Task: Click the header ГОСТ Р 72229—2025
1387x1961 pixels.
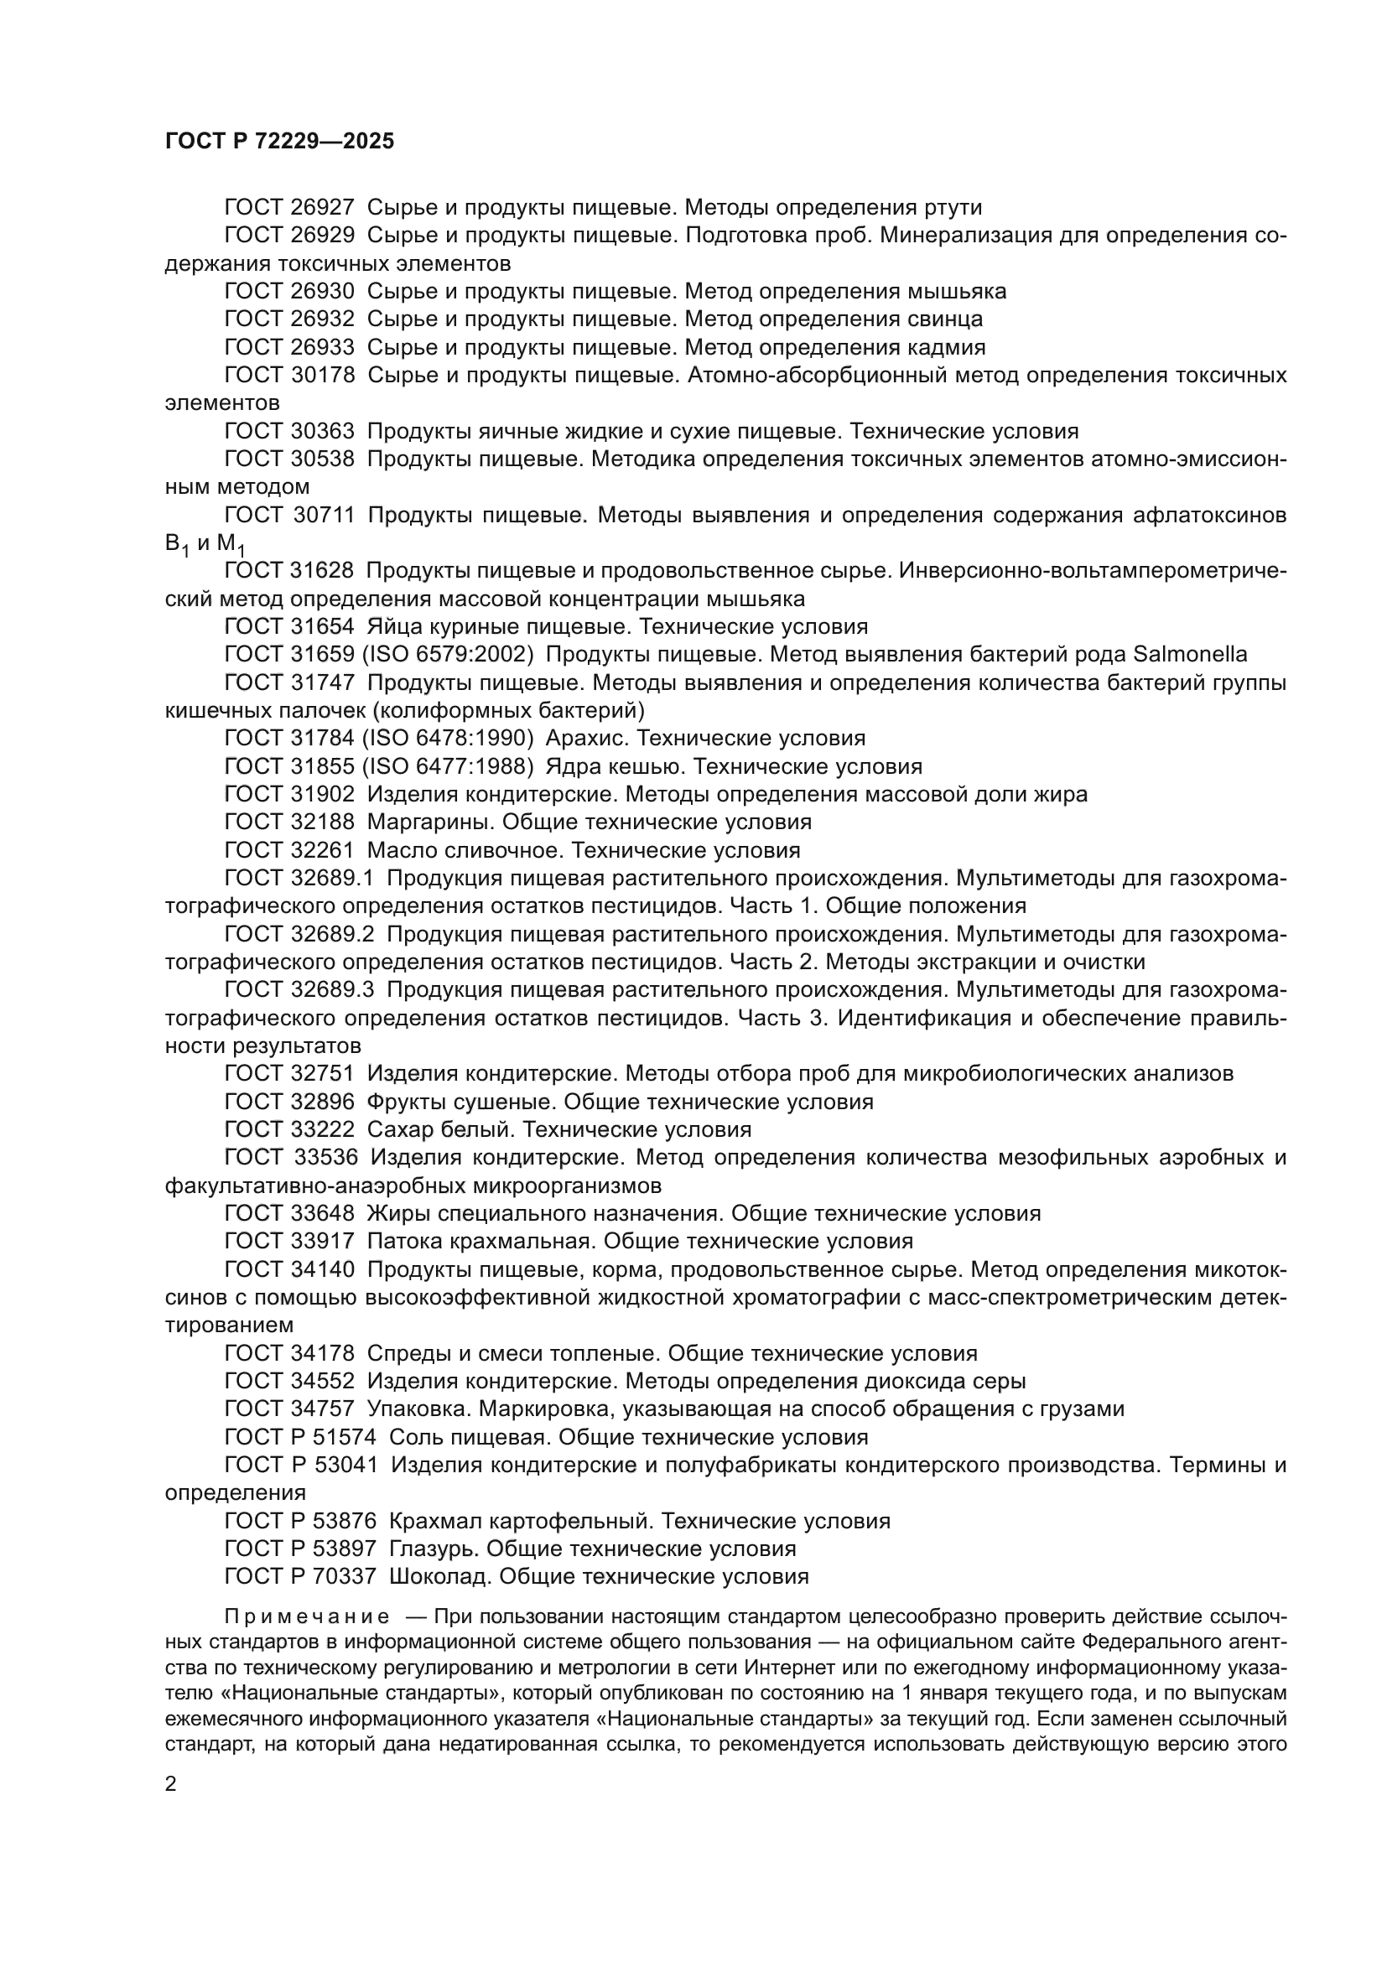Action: tap(279, 142)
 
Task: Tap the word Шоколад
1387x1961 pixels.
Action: tap(440, 1577)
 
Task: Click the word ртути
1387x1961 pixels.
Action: tap(953, 208)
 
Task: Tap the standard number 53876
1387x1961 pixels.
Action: tap(344, 1521)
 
